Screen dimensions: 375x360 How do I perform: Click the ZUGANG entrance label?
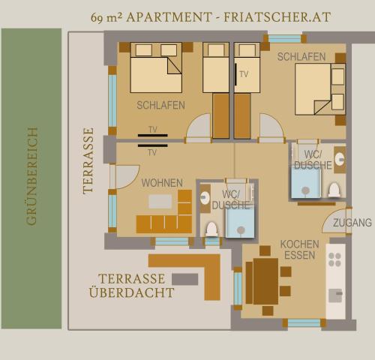tap(352, 223)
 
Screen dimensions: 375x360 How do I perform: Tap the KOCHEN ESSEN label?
tap(299, 250)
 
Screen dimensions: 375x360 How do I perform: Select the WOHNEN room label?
tap(162, 183)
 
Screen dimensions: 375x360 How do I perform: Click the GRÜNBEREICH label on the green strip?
tap(31, 176)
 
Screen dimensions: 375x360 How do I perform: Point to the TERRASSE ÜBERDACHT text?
tap(132, 286)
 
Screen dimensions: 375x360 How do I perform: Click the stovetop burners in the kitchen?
tap(334, 259)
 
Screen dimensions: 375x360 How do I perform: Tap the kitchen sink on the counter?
tap(335, 295)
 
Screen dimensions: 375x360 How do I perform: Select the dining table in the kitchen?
tap(265, 281)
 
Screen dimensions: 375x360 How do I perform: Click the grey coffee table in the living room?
tap(160, 202)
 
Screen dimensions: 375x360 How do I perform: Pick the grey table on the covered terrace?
tap(185, 279)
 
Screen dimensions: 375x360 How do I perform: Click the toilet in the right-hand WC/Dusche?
tap(334, 190)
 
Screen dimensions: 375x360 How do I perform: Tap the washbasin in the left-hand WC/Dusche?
tap(205, 198)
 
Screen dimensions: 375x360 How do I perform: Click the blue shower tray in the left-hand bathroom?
tap(240, 223)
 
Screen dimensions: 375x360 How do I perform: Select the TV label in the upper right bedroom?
tap(244, 74)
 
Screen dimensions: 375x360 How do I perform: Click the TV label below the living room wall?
tap(152, 152)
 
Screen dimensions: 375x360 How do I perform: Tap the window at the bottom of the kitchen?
tap(304, 323)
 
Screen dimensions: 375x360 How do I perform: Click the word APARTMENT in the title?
tap(169, 17)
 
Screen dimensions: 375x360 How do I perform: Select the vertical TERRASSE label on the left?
tap(88, 161)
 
